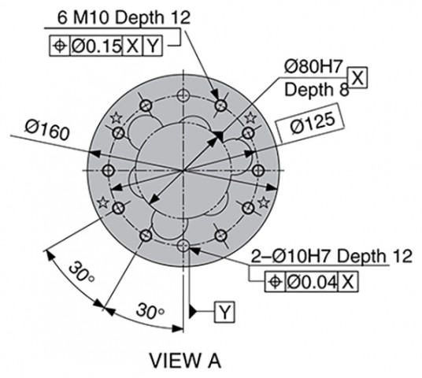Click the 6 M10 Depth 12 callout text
coord(124,18)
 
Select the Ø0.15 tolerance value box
coord(96,46)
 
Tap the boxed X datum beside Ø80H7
coord(357,77)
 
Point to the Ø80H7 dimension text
coord(313,66)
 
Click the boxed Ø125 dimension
coord(310,123)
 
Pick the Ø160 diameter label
coord(47,130)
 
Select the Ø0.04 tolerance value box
coord(312,282)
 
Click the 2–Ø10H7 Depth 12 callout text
coord(331,256)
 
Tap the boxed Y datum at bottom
coord(224,312)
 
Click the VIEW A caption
coord(185,361)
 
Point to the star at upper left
coord(117,117)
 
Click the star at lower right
coord(264,202)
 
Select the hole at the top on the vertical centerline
coord(183,95)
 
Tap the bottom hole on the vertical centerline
coord(183,245)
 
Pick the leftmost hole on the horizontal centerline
coord(109,170)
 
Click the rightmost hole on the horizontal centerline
coord(258,170)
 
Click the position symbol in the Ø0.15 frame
coord(60,46)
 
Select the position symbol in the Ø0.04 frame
coord(275,282)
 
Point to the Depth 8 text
coord(316,90)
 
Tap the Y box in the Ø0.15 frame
coord(153,46)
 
